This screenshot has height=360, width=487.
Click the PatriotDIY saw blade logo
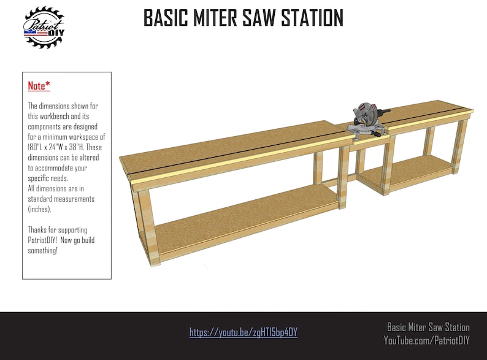[44, 27]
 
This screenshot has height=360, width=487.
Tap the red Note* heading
[39, 86]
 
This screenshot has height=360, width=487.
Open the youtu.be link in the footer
[243, 332]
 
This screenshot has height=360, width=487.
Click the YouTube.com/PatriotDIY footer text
[427, 340]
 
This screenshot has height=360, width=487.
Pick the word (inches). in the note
[41, 209]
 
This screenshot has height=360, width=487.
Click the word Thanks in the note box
[39, 229]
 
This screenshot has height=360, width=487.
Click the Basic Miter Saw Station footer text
[428, 327]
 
